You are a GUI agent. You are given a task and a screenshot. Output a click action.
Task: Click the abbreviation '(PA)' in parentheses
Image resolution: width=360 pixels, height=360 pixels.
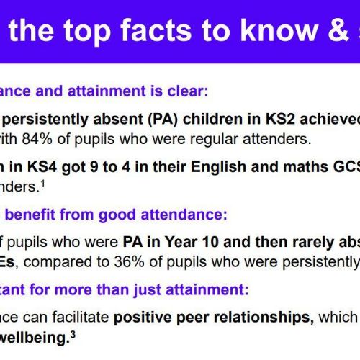163,120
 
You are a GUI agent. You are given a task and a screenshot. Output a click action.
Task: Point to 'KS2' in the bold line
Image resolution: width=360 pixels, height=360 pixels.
280,119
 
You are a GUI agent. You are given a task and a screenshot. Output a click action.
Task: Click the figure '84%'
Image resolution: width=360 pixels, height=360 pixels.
37,139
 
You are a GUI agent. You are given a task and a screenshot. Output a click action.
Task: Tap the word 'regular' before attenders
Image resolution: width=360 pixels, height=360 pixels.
214,139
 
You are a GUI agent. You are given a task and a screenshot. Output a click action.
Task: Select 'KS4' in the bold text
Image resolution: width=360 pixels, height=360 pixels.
42,167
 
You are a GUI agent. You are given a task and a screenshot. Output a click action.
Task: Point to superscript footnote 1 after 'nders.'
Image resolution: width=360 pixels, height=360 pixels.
42,184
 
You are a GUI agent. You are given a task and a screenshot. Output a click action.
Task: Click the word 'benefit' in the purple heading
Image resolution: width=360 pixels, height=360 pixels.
30,215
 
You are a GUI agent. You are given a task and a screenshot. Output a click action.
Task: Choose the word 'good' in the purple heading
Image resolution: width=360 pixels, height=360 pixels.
117,215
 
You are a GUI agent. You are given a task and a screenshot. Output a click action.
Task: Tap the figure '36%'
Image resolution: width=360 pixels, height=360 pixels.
129,262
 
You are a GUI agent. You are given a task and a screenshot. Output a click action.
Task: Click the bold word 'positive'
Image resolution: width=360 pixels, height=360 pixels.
143,318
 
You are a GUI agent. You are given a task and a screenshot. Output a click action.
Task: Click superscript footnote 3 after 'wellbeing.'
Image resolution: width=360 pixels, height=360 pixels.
73,335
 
